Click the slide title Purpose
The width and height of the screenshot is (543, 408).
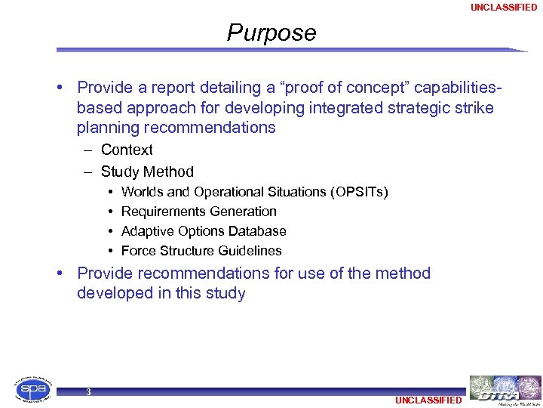271,33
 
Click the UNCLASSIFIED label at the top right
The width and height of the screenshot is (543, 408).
504,8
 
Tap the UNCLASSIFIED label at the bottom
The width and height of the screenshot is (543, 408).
428,400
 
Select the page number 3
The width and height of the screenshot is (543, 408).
89,391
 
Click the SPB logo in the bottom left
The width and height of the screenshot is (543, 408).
34,390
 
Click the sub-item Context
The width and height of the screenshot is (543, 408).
127,150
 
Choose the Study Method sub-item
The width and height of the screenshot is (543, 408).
147,172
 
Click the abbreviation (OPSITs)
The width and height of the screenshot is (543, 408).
359,192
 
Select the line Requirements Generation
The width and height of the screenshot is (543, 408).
198,212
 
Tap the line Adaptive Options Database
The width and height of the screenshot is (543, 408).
204,231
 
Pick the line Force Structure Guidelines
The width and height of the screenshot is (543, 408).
201,251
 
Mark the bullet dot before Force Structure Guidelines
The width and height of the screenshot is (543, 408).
110,251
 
